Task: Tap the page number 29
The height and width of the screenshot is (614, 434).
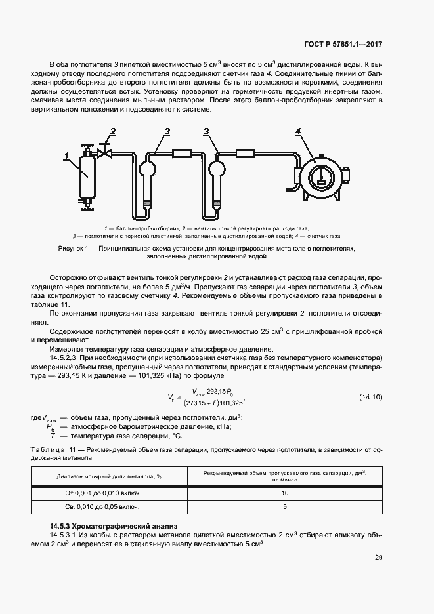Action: (x=378, y=558)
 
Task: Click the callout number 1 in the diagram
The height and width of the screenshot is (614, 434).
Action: (x=67, y=156)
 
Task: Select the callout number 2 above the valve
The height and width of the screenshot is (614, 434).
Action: (x=113, y=132)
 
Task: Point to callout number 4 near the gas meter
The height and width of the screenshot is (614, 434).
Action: (x=299, y=132)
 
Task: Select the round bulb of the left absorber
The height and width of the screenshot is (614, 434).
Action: (x=146, y=169)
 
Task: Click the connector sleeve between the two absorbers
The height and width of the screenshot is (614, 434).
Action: (x=181, y=153)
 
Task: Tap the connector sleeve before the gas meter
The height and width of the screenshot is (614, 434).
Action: (x=246, y=153)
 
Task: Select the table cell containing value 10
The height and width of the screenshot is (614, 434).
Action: (x=285, y=493)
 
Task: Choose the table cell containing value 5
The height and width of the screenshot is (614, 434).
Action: (x=285, y=507)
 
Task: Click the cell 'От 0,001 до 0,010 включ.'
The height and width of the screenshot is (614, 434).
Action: (x=109, y=493)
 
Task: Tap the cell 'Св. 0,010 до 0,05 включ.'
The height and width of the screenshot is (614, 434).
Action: (x=109, y=507)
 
